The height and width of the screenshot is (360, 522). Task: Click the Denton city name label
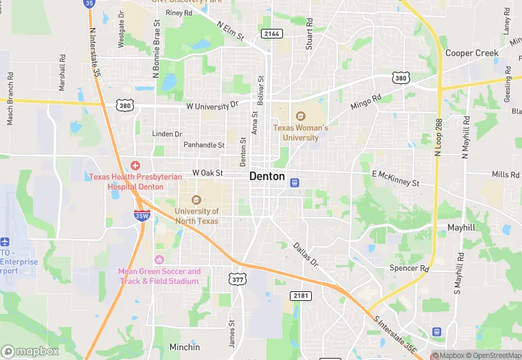point(266,176)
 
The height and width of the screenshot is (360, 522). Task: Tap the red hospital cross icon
point(135,166)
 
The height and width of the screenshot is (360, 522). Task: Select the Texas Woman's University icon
point(300,116)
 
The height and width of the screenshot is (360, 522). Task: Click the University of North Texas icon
point(196,199)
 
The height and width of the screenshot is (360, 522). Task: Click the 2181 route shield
point(301,295)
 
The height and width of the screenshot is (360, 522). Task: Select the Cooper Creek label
point(471,53)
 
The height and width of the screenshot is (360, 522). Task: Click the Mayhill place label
point(461,227)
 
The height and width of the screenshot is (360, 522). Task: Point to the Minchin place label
point(185,347)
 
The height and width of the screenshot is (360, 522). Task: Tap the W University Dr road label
point(212,106)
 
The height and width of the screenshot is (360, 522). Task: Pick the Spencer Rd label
point(409,269)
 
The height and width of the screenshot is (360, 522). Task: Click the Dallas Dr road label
point(306,254)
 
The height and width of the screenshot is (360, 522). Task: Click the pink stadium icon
point(159,259)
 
